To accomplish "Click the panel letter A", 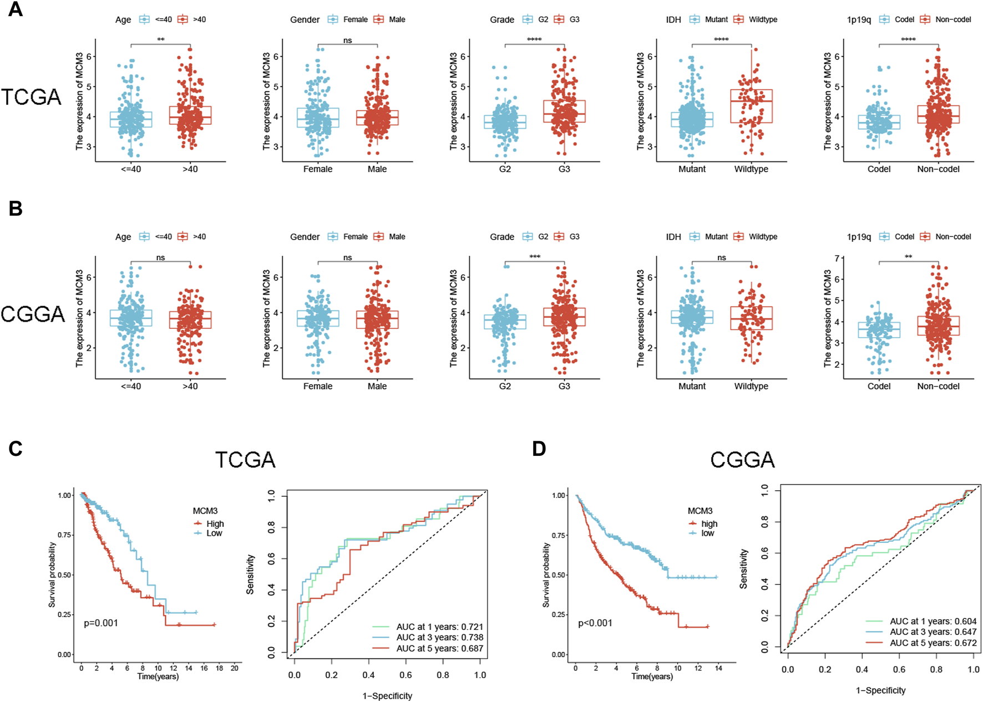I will coord(16,9).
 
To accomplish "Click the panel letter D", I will coord(539,449).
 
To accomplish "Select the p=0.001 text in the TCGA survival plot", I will coord(101,623).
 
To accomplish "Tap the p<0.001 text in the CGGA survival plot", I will coord(595,623).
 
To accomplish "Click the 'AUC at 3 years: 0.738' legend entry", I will coord(439,638).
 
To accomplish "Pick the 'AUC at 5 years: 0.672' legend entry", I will coord(933,643).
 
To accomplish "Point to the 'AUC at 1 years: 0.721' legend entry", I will coord(439,627).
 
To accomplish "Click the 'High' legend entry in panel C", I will coord(215,523).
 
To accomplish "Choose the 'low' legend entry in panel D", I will coord(708,533).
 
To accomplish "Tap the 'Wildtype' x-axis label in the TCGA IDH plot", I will coord(751,169).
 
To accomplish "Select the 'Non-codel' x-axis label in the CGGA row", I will coord(938,386).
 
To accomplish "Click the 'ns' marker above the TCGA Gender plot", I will coord(347,40).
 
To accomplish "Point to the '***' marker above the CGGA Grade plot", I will coord(534,257).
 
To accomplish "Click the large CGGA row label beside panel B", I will coord(33,314).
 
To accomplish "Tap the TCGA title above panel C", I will coord(245,460).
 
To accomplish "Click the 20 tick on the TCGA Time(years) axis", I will coord(235,668).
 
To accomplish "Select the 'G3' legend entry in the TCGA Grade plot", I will coord(574,19).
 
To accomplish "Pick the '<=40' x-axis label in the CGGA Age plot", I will coord(131,386).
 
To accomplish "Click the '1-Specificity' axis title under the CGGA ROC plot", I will coord(880,690).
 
